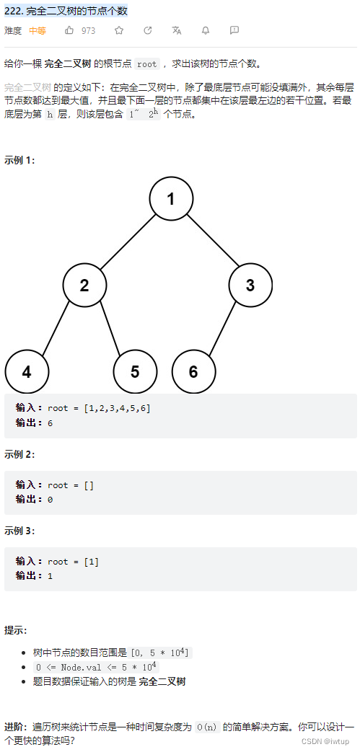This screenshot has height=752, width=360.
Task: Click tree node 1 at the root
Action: tap(171, 198)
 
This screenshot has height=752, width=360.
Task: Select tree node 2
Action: tap(84, 285)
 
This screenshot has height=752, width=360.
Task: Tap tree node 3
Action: tap(250, 285)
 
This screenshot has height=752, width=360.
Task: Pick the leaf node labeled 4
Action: tap(27, 372)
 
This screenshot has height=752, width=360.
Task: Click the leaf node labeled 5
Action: tap(135, 372)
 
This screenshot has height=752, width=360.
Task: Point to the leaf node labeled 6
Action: tap(193, 372)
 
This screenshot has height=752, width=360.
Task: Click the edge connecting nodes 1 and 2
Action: tap(128, 242)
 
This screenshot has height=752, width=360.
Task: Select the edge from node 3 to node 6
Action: tap(222, 328)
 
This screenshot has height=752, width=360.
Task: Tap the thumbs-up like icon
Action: tap(69, 30)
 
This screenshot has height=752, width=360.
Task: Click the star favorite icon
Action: tap(119, 30)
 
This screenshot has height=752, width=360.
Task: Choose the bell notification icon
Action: tap(206, 30)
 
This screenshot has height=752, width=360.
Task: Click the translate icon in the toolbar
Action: tap(177, 30)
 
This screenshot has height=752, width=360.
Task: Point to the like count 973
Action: tap(88, 31)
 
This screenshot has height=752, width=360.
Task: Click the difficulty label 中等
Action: tap(38, 31)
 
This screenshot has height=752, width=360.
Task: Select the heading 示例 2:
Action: tap(19, 454)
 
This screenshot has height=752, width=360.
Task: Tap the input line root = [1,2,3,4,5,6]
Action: tap(99, 408)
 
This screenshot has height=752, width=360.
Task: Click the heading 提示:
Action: tap(16, 630)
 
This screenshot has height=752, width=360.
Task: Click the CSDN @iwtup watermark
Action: tap(325, 741)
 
